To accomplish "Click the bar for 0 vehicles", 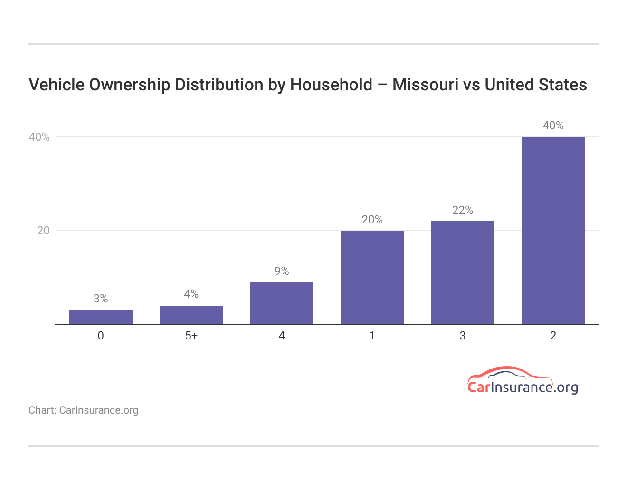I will tap(101, 317).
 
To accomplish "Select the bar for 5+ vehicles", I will tap(191, 315).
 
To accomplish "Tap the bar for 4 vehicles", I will tap(282, 303).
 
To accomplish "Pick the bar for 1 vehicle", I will tap(372, 277).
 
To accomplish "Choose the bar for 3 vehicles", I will tap(463, 272).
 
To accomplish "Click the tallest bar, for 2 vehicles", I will tap(553, 231).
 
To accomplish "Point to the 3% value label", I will tap(101, 299).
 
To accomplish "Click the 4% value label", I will tap(191, 294).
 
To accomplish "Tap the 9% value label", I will tap(282, 271).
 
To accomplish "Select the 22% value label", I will tap(463, 210).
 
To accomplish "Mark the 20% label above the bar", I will tap(372, 220).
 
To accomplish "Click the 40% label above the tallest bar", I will tap(553, 126).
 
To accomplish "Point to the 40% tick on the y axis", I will tap(39, 137).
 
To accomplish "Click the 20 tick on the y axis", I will tap(43, 231).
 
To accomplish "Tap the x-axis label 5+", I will tap(191, 336).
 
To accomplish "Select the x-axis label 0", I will tap(101, 336).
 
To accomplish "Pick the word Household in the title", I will tap(331, 85).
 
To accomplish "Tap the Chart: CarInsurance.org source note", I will tap(84, 410).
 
